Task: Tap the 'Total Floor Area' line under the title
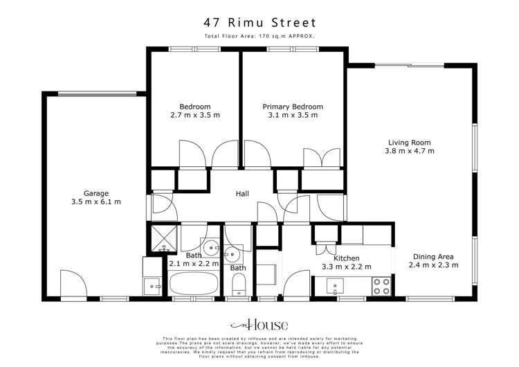(259, 37)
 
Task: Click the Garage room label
(96, 193)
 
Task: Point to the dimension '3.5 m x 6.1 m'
(96, 202)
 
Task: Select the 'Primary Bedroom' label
(293, 107)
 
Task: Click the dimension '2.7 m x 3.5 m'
(195, 116)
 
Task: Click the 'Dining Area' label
(433, 255)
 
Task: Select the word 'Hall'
(242, 194)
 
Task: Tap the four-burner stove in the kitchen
(381, 286)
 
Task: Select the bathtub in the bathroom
(194, 284)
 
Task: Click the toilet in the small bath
(238, 284)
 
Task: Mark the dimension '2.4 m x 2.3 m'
(433, 265)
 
